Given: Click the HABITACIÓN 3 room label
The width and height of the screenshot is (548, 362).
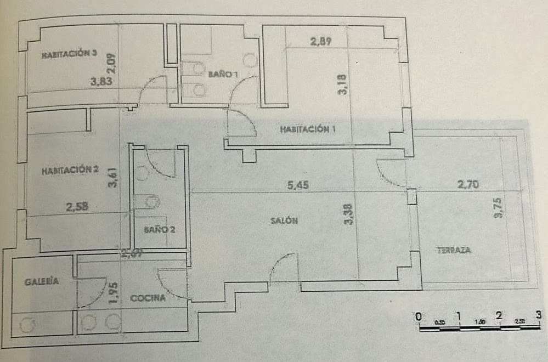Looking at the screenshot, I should click(x=70, y=54).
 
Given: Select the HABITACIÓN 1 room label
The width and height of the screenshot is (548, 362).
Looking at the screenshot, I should click(x=307, y=130).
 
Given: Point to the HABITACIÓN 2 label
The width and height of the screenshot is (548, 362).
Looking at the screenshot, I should click(x=70, y=170).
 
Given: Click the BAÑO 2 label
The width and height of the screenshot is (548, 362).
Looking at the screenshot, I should click(x=160, y=230).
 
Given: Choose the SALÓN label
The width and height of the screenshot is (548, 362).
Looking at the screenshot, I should click(x=284, y=221).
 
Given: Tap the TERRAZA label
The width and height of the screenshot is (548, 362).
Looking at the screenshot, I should click(x=454, y=251).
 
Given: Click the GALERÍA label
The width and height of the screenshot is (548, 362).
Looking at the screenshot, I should click(x=41, y=281).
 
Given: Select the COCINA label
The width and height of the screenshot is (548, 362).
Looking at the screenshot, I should click(x=148, y=299).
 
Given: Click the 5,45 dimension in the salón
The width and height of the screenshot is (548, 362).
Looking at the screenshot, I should click(x=298, y=185).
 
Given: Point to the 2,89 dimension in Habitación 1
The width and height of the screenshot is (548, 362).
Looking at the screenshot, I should click(x=321, y=41).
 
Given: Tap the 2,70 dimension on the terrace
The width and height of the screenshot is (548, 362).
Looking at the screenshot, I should click(x=468, y=185).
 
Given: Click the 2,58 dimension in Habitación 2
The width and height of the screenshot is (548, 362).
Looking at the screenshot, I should click(x=77, y=207).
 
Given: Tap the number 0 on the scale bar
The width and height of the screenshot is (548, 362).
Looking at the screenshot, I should click(x=419, y=316).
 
